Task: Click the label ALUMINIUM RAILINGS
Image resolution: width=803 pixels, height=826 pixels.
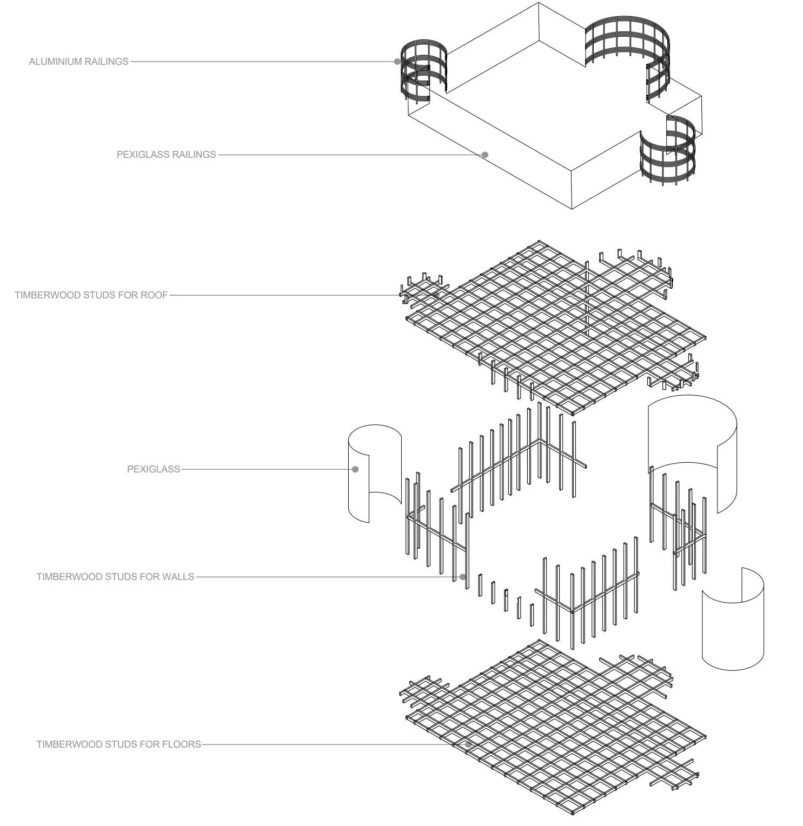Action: (79, 62)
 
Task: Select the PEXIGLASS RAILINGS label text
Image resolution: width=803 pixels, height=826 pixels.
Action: (166, 155)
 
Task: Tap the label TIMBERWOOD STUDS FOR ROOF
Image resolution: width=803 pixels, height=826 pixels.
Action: (91, 295)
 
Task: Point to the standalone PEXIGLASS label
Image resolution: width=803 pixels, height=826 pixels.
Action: (154, 469)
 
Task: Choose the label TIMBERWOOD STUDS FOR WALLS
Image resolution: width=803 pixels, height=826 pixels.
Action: (115, 577)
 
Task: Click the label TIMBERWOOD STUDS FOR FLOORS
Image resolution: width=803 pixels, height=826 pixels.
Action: (118, 744)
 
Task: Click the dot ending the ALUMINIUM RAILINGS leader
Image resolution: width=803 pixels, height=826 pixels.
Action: (397, 62)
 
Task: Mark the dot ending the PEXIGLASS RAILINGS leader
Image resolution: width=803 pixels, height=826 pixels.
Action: (485, 155)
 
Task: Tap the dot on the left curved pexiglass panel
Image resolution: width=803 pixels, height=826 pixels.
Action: (355, 469)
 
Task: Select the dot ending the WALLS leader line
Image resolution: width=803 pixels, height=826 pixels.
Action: (463, 577)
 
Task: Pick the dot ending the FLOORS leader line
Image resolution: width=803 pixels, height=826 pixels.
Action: (468, 744)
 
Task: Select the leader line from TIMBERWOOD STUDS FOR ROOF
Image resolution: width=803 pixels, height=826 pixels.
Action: (281, 295)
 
